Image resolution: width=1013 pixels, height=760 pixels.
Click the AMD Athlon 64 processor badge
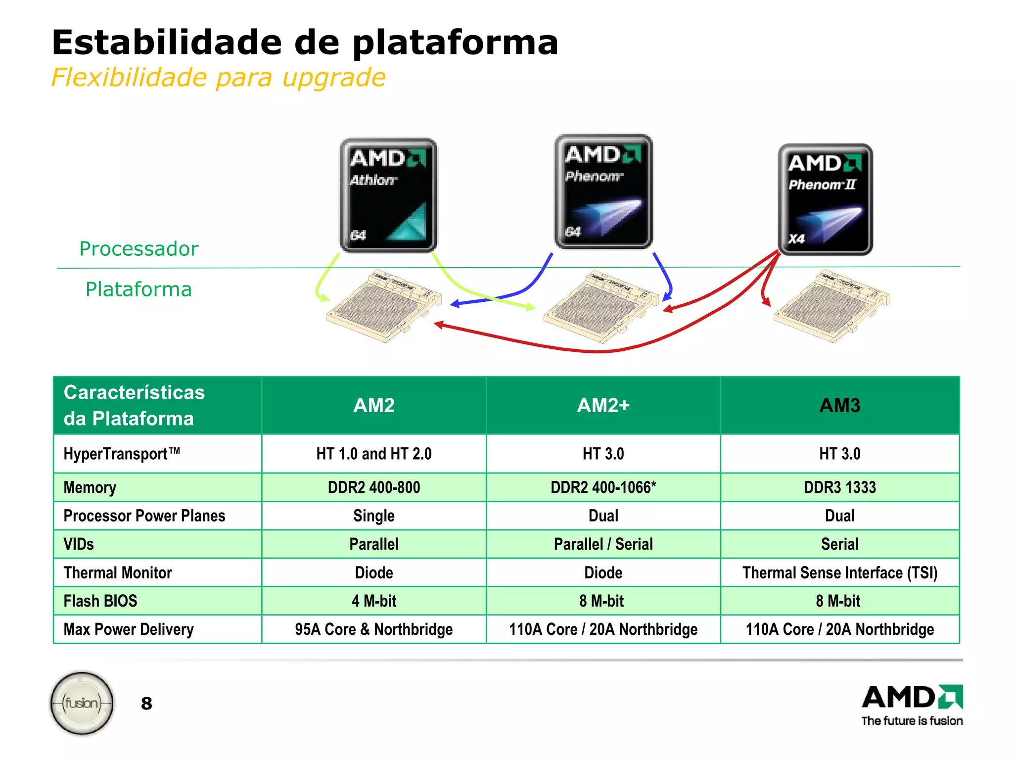(388, 195)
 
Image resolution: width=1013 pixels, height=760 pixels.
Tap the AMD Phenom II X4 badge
(825, 199)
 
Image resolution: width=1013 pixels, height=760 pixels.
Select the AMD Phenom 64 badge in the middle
(603, 191)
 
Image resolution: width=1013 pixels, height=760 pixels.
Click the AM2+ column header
(603, 405)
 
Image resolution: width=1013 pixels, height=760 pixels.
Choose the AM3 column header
(839, 405)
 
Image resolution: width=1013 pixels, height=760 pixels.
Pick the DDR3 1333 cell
(839, 487)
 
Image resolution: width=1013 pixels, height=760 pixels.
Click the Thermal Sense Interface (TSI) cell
(839, 572)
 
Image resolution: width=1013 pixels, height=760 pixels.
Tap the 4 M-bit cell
(374, 601)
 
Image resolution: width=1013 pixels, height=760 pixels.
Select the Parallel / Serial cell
(603, 544)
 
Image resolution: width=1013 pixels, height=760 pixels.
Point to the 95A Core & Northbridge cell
(374, 629)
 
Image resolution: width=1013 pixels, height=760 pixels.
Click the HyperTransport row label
(122, 454)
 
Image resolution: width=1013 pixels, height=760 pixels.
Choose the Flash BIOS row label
(100, 601)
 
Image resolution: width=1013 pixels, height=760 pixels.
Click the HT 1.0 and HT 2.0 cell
(374, 454)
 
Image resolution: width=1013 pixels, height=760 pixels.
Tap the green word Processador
(138, 248)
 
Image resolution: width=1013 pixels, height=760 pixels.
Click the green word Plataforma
(138, 289)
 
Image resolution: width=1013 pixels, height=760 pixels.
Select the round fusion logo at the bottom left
(82, 703)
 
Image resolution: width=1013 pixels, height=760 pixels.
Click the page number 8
(146, 703)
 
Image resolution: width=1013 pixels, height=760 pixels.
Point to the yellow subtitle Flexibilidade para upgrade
(218, 78)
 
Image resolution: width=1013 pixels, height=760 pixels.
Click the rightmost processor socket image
(831, 305)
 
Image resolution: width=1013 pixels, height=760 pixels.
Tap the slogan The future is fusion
(912, 721)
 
